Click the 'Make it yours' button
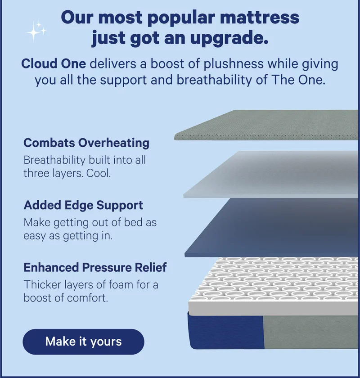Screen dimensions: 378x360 (83, 341)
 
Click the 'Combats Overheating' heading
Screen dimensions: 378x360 (86, 143)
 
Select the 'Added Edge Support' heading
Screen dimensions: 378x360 (83, 205)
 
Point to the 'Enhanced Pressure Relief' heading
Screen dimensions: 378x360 (95, 267)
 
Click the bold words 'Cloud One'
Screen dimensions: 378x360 (53, 63)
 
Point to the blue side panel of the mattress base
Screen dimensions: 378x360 (225, 331)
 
